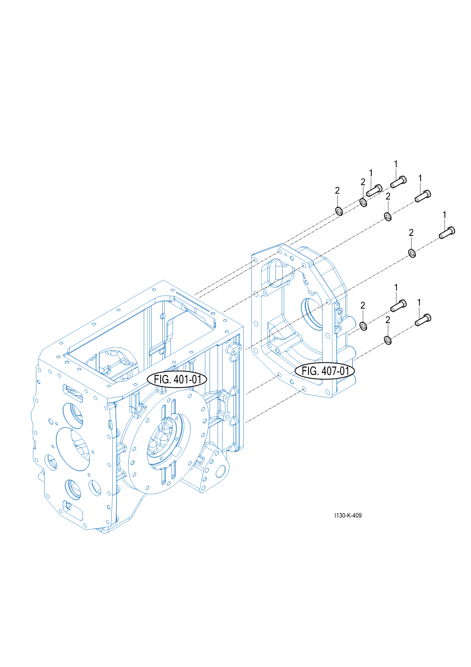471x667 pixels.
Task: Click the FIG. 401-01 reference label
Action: tap(177, 379)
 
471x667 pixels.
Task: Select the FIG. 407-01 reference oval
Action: tap(325, 371)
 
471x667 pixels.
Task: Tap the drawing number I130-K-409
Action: tap(348, 515)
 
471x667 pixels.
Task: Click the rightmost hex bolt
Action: tap(447, 232)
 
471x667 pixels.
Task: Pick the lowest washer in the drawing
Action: tap(388, 340)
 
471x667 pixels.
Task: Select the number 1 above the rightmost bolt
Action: tap(444, 215)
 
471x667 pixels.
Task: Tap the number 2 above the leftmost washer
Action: tap(337, 191)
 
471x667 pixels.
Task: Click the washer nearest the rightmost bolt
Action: tap(412, 253)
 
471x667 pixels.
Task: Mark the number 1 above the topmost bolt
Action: tap(396, 164)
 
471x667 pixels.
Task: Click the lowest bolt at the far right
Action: tap(423, 320)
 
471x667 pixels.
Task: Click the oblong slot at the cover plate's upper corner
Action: tap(275, 272)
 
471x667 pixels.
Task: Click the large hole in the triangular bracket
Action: tap(221, 471)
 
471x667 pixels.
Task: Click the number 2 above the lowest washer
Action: tap(388, 320)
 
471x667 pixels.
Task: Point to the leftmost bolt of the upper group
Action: tap(374, 190)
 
